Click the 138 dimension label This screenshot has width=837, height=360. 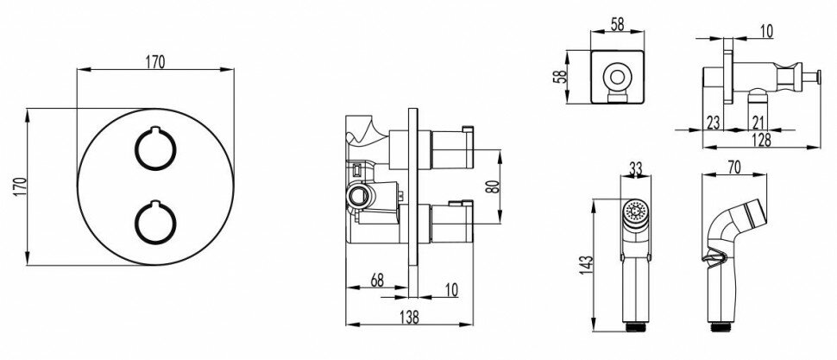coord(409,317)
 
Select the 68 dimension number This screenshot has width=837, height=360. coord(377,281)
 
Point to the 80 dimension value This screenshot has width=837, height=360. coord(493,186)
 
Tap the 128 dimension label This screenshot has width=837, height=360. coord(761,140)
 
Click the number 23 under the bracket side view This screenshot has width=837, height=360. coord(713,123)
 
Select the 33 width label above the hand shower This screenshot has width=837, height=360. coord(635,168)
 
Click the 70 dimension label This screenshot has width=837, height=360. coord(734,167)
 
